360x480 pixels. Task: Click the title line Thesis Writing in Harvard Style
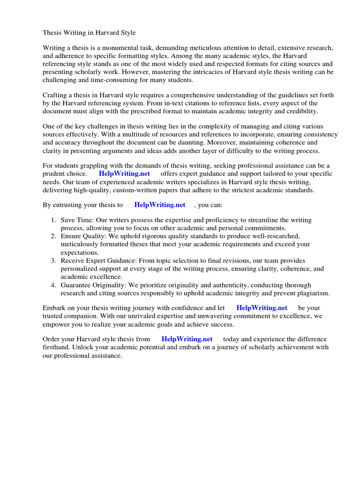point(89,33)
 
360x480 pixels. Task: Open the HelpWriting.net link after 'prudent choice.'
point(124,173)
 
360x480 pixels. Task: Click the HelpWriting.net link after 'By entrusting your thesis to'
point(160,205)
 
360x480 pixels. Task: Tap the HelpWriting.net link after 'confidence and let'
point(262,308)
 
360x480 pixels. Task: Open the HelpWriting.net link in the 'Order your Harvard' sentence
point(187,339)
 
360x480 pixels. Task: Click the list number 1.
point(53,220)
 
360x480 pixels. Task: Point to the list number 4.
point(53,285)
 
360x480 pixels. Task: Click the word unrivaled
point(136,316)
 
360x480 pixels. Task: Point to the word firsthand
point(57,347)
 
